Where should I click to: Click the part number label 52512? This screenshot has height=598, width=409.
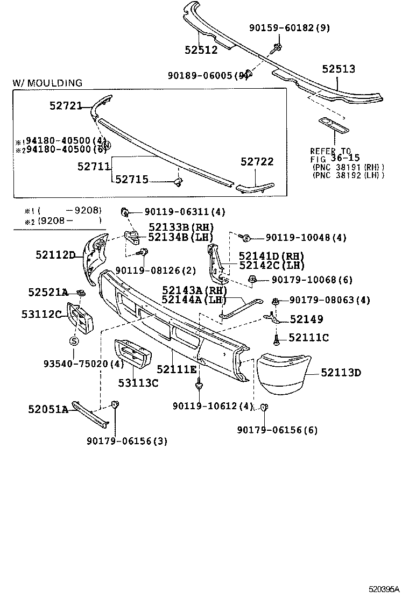click(201, 50)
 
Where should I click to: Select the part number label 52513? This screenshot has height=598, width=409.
click(339, 69)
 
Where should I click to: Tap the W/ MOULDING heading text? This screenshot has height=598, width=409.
click(48, 83)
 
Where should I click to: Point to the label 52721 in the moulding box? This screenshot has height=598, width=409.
click(66, 107)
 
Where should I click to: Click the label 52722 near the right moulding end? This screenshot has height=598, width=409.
click(257, 161)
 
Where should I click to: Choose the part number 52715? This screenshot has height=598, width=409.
click(132, 180)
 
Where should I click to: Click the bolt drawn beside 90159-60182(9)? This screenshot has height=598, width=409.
click(277, 47)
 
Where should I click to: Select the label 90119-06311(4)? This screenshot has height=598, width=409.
click(177, 212)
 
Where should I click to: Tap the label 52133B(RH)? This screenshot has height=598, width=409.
click(180, 227)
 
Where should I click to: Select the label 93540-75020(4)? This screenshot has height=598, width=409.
click(83, 364)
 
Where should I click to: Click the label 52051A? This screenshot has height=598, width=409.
click(48, 409)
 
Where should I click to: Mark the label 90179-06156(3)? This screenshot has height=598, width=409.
click(126, 441)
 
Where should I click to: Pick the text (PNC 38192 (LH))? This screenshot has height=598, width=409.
click(348, 175)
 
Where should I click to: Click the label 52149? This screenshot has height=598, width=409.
click(306, 319)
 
